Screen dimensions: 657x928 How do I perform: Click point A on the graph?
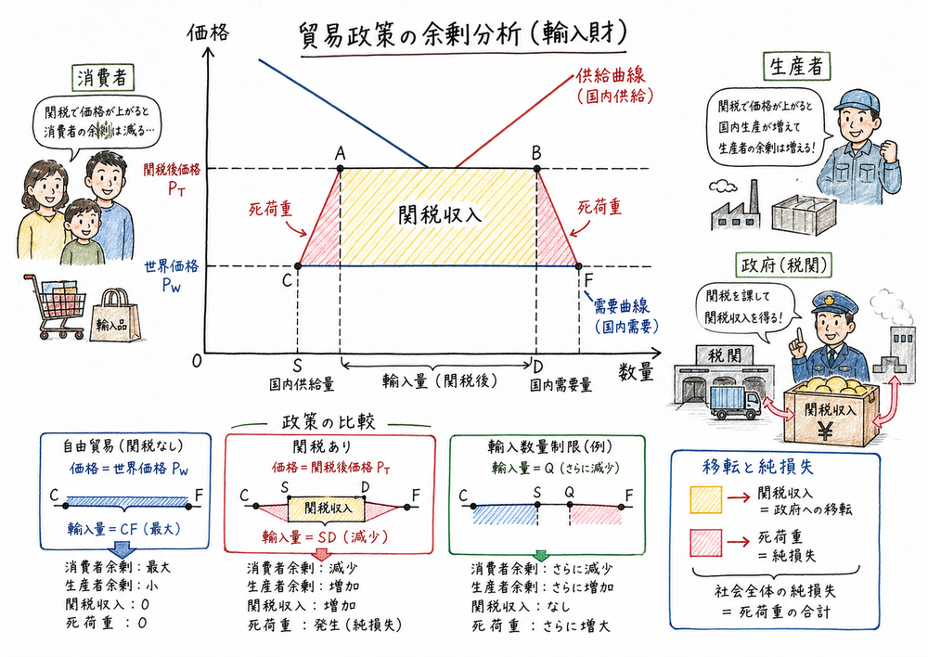pos(341,168)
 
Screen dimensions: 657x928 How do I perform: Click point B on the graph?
pos(537,168)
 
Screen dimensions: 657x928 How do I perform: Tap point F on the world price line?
pos(579,266)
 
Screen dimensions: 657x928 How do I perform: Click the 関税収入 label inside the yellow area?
pos(439,214)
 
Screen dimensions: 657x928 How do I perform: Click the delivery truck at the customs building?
pos(734,402)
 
